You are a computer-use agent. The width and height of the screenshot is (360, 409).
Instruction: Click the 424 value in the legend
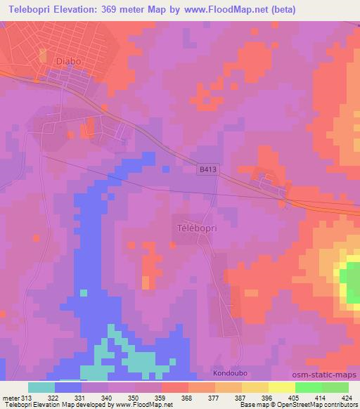pos(347,397)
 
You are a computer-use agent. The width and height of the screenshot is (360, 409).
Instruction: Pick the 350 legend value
pos(134,397)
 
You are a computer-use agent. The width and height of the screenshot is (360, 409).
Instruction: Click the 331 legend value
pos(81,397)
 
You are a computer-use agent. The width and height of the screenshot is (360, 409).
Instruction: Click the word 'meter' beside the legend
pos(11,397)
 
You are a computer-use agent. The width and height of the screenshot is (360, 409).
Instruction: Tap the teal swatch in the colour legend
pos(41,387)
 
